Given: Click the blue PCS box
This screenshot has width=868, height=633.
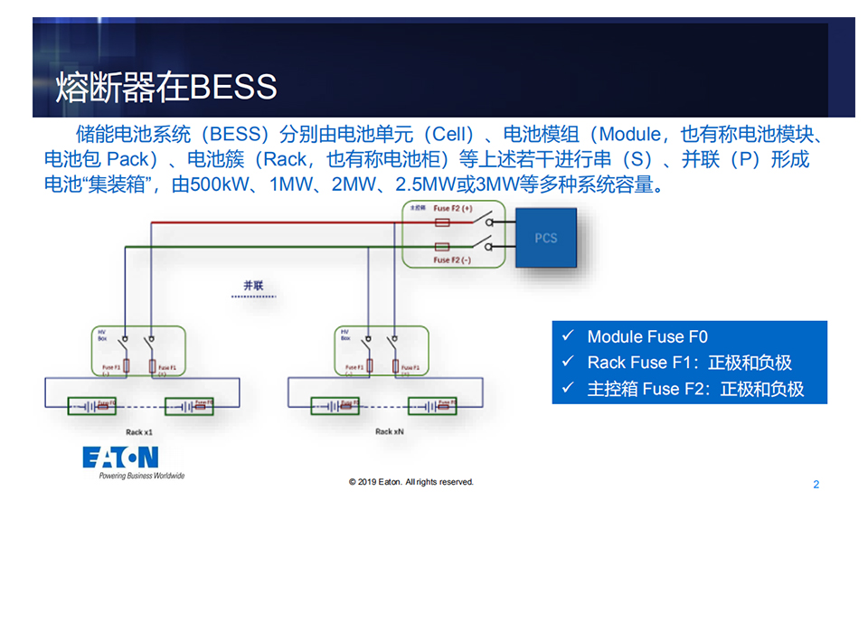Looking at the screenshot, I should pos(545,238).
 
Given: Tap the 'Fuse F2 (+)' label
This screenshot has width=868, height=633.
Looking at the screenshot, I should pos(454,209).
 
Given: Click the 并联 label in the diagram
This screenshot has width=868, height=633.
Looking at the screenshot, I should pos(253,286).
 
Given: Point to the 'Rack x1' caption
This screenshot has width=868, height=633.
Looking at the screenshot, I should pos(139,432).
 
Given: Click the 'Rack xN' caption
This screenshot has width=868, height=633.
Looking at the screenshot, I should pos(391,432).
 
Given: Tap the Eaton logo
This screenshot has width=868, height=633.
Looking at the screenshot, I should pos(120,457).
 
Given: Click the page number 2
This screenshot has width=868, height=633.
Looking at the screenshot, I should pos(816,485).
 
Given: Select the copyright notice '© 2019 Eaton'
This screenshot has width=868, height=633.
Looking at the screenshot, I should pos(411,482).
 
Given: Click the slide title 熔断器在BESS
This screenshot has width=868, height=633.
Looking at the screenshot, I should pos(166,87).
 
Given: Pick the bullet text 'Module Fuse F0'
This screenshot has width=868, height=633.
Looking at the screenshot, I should pos(647,336).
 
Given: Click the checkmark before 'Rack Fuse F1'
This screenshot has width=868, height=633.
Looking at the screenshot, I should pos(568,362).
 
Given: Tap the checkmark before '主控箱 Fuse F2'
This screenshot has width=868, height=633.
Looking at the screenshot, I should pos(568,389).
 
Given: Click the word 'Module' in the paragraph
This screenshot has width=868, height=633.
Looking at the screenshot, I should pos(629,135).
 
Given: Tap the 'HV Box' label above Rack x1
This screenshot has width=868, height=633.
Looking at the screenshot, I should pos(103,335).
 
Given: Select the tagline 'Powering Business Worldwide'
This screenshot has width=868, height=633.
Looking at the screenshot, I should pos(141,476).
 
